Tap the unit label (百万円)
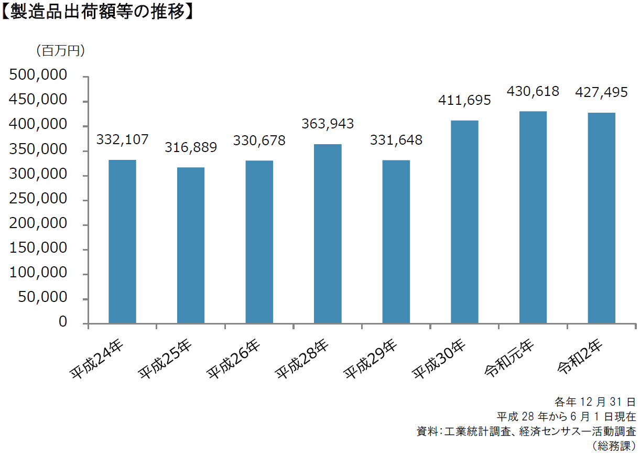[x=60, y=51]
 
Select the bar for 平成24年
[x=122, y=241]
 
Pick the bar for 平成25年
[x=191, y=245]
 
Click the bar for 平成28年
[x=328, y=233]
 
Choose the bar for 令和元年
[x=533, y=217]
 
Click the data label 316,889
[x=191, y=148]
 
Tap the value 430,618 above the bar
[x=533, y=91]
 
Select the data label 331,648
[x=396, y=140]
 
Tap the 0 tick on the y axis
[x=63, y=322]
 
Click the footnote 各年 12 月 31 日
[x=595, y=402]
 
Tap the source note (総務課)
[x=614, y=446]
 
